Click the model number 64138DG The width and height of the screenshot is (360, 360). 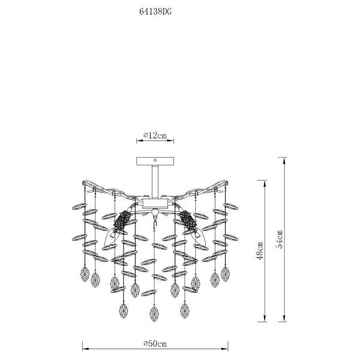[x=155, y=11]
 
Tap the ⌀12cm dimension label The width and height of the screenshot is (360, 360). [x=155, y=135]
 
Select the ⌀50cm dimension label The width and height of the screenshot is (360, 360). [x=155, y=343]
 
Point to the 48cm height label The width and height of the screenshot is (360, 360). [x=260, y=251]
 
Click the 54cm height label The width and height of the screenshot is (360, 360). [x=279, y=239]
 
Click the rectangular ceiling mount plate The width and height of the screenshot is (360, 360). [x=155, y=161]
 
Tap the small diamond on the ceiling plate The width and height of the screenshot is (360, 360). [x=155, y=160]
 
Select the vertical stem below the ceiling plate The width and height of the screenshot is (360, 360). [x=155, y=182]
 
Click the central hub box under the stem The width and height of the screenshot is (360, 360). [x=155, y=203]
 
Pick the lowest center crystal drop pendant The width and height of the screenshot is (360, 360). [x=154, y=314]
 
